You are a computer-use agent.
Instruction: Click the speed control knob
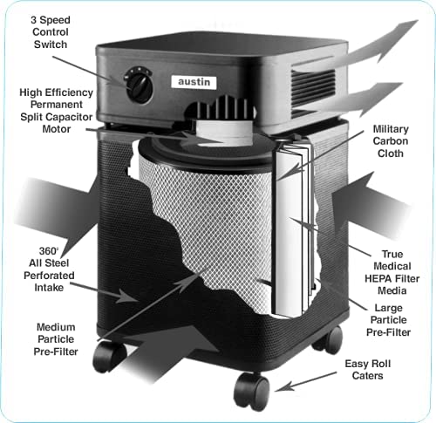(x=139, y=85)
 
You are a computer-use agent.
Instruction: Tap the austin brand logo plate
(x=194, y=82)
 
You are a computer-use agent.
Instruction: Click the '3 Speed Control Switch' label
(x=51, y=32)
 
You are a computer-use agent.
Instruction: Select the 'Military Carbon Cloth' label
(x=391, y=141)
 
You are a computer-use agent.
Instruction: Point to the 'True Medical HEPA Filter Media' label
(x=392, y=272)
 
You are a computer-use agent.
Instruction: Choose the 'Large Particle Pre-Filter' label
(x=388, y=320)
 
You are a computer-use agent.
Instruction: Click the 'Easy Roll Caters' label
(x=367, y=370)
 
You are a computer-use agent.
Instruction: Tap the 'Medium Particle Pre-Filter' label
(x=56, y=339)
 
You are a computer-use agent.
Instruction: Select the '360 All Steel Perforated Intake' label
(x=49, y=269)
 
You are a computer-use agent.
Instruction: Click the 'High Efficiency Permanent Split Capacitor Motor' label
(x=57, y=111)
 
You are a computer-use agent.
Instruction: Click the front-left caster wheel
(x=109, y=357)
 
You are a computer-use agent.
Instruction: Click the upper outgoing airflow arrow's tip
(x=418, y=21)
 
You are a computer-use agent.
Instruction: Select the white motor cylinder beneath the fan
(x=224, y=133)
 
